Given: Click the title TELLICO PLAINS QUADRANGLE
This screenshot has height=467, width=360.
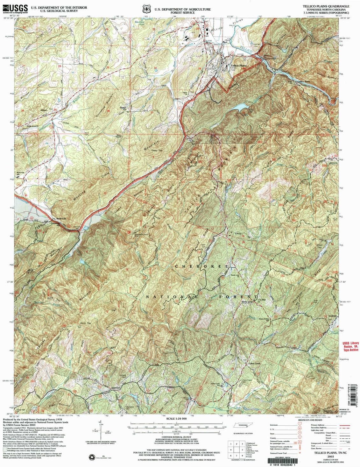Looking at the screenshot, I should point(325,6).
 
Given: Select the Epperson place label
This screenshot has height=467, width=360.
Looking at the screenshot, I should point(115,388).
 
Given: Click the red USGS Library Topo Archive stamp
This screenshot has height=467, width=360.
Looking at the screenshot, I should point(350,346).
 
